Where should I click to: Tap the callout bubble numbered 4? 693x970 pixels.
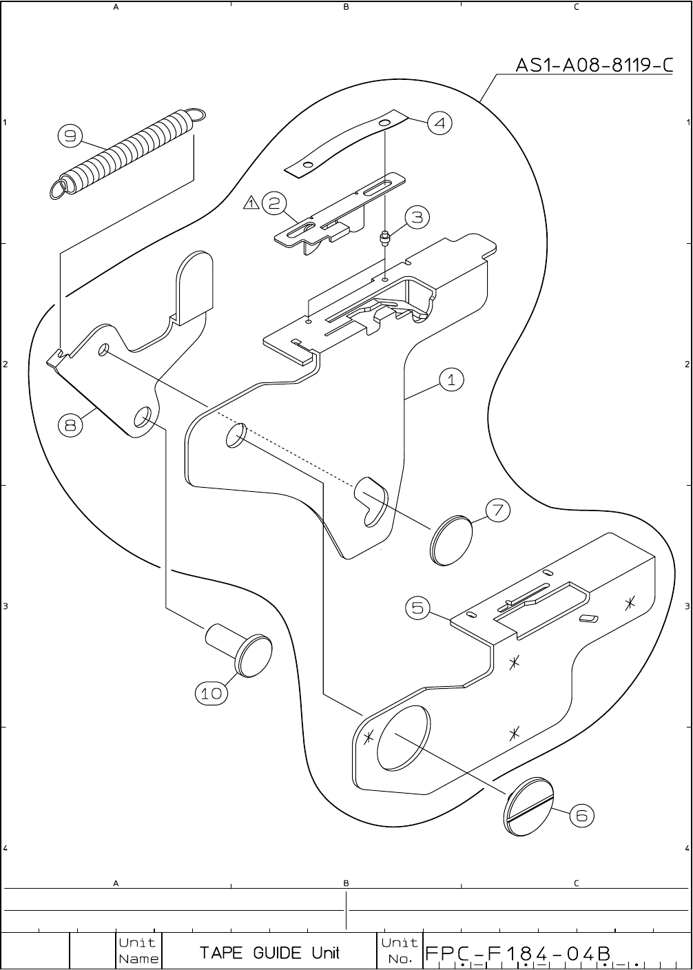pos(439,123)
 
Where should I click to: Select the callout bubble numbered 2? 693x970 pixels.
pos(273,203)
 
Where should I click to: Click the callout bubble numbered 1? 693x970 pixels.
pos(451,379)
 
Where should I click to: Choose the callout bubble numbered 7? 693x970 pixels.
pos(498,510)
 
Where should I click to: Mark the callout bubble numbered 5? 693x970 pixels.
pos(417,608)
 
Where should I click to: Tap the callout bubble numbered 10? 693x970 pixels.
pos(211,694)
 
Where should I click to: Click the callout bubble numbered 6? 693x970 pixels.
pos(581,816)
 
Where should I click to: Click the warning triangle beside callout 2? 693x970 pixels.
pos(251,203)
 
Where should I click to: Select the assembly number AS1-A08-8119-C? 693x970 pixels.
pos(594,65)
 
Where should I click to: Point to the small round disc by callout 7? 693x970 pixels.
pos(451,539)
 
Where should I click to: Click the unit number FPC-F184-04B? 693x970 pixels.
pos(518,953)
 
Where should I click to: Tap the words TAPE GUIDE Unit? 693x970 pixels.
pos(269,953)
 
